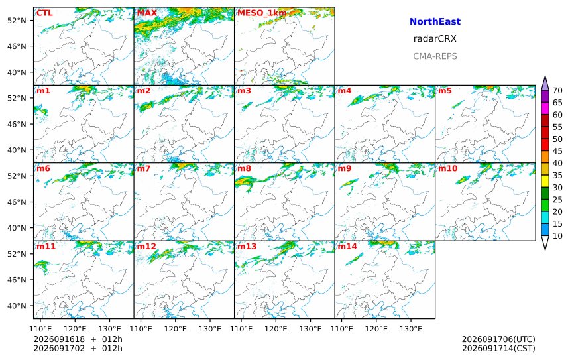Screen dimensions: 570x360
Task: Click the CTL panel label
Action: pyautogui.click(x=44, y=13)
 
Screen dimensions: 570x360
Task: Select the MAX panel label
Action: pyautogui.click(x=147, y=13)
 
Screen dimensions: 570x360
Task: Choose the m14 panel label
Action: pyautogui.click(x=347, y=247)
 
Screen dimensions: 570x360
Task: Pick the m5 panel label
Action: pyautogui.click(x=445, y=91)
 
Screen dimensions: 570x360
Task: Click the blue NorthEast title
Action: pyautogui.click(x=435, y=21)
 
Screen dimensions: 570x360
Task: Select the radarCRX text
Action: pyautogui.click(x=435, y=39)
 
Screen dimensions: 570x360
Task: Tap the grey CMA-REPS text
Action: pyautogui.click(x=435, y=56)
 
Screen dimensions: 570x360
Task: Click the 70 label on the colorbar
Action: pyautogui.click(x=557, y=91)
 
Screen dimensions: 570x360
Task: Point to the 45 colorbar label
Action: pyautogui.click(x=557, y=151)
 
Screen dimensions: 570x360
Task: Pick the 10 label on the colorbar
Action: pyautogui.click(x=557, y=236)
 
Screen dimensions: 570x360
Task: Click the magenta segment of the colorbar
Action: pyautogui.click(x=545, y=108)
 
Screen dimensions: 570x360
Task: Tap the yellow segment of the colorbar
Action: pyautogui.click(x=545, y=181)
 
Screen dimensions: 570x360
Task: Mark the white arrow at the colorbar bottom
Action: pyautogui.click(x=545, y=242)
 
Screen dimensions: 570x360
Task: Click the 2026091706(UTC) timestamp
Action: pyautogui.click(x=498, y=339)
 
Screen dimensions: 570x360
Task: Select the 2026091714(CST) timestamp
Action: pyautogui.click(x=498, y=348)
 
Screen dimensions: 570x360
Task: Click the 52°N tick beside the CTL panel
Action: pyautogui.click(x=17, y=21)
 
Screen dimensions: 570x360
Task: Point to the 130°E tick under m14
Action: pyautogui.click(x=411, y=329)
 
